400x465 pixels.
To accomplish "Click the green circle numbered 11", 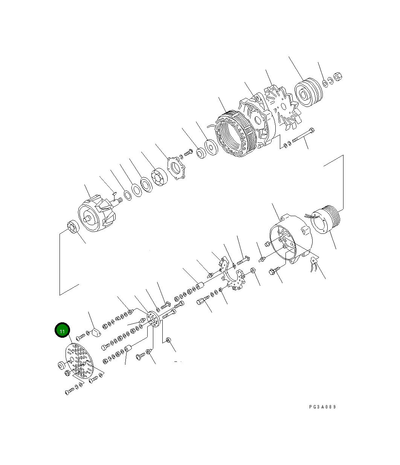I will [62, 331].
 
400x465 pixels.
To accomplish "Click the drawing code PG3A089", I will [322, 407].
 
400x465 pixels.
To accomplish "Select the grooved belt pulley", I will [308, 93].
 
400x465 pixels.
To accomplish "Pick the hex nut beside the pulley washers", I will [338, 76].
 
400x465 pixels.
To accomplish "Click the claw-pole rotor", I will [96, 215].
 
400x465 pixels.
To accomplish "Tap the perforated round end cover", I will [80, 361].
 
